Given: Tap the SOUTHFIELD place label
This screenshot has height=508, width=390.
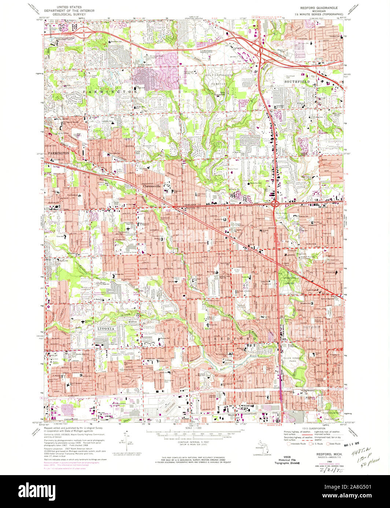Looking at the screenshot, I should [x=298, y=82].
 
